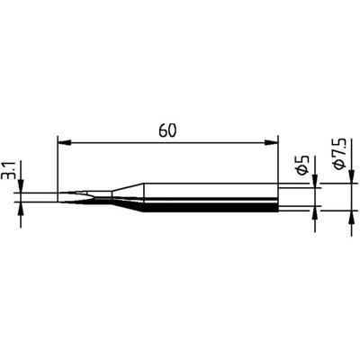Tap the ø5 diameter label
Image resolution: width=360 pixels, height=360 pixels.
click(303, 166)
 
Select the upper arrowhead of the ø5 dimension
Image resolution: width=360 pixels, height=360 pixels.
click(315, 184)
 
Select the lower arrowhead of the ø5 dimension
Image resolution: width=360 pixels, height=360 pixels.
click(315, 212)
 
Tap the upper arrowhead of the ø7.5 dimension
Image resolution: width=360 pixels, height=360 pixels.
click(349, 180)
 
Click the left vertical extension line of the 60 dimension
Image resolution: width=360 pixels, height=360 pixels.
click(57, 162)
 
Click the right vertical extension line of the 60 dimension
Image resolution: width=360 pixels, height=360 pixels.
click(277, 162)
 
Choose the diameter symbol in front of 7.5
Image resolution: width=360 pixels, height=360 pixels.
click(340, 174)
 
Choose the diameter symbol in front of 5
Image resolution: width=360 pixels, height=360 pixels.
click(303, 175)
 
